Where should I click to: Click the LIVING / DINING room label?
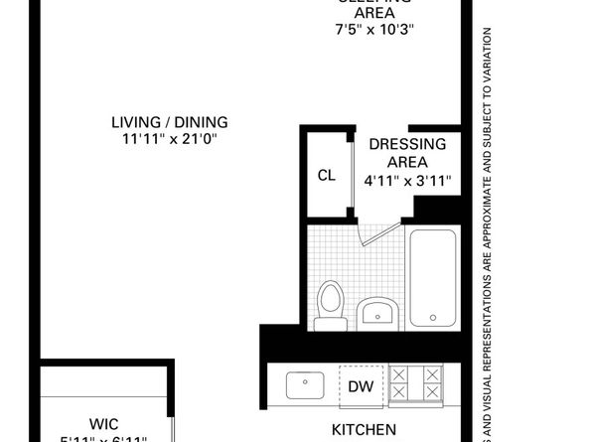(170, 122)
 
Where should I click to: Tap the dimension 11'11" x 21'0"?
(170, 140)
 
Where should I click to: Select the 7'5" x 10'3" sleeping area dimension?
(373, 29)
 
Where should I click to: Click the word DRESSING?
(407, 144)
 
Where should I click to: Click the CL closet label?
(326, 176)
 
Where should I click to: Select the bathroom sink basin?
(376, 315)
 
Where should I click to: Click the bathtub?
(432, 277)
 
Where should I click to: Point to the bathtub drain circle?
(432, 318)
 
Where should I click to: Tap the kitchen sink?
(302, 383)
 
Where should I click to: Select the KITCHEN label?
(364, 430)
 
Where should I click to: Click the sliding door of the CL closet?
(351, 176)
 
